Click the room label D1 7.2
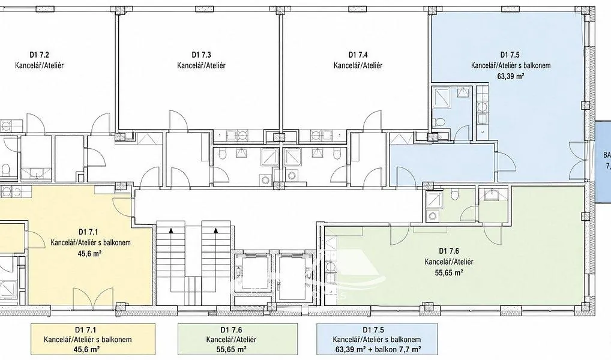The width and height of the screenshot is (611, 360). click(x=39, y=55)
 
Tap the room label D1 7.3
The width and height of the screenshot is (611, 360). click(x=202, y=55)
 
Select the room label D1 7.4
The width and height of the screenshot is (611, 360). click(x=358, y=55)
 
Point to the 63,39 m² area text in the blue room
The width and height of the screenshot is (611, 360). click(x=510, y=76)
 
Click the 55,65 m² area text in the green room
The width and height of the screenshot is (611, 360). click(x=449, y=273)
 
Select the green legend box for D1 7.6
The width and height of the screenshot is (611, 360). click(x=237, y=339)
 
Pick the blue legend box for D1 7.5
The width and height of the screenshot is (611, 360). click(x=377, y=339)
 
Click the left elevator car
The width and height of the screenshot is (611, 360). click(x=251, y=277)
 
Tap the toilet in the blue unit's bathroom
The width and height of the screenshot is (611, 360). click(x=441, y=122)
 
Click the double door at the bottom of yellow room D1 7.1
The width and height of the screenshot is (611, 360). click(x=93, y=298)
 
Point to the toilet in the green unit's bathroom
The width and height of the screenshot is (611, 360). click(x=455, y=195)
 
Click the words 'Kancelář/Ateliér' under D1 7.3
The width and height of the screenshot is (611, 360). click(x=202, y=65)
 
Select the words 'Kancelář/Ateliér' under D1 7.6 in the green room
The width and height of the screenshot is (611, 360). click(x=449, y=262)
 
